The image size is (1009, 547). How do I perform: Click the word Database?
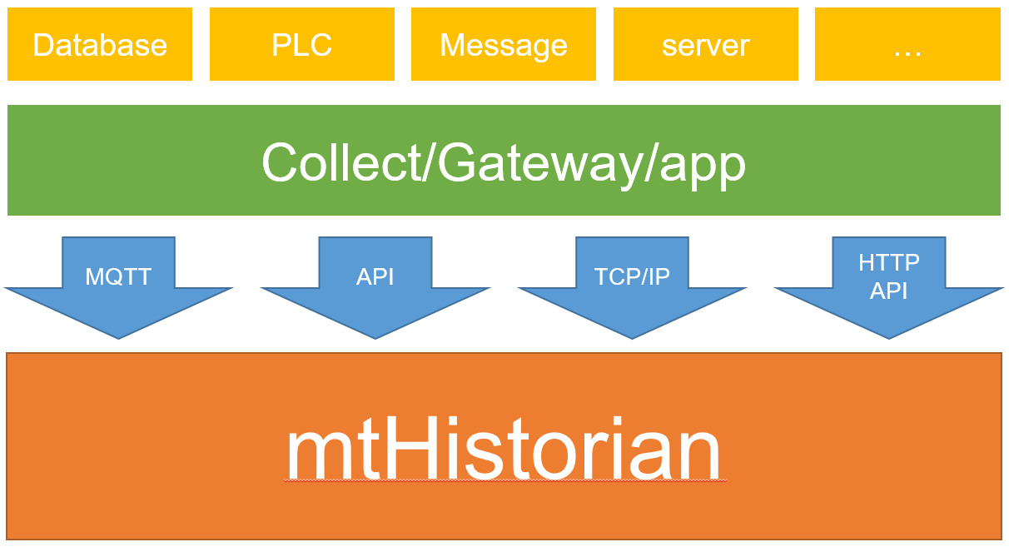[100, 45]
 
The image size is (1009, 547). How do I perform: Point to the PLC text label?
[301, 45]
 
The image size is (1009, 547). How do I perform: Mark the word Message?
[504, 45]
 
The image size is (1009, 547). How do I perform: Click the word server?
[705, 46]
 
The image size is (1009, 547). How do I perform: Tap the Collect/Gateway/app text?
[504, 162]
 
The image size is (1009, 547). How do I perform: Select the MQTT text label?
[118, 276]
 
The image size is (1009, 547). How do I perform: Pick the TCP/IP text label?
[632, 276]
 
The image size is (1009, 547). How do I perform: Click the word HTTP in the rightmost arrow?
[889, 263]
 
